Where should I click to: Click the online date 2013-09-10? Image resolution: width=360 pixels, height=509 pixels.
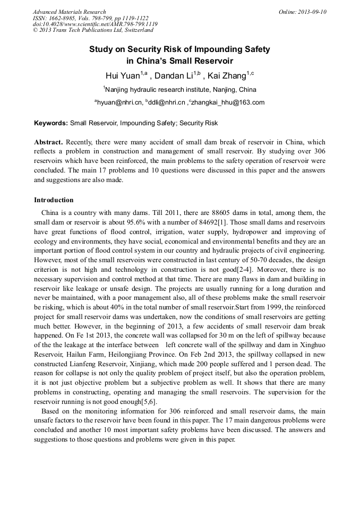(x=303, y=12)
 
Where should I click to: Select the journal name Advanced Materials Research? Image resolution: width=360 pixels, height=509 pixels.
(x=69, y=12)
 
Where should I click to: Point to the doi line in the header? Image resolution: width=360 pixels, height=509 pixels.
(x=95, y=24)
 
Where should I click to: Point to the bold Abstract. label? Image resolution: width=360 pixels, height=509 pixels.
(x=48, y=143)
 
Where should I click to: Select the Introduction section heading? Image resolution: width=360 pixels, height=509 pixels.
(x=54, y=200)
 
